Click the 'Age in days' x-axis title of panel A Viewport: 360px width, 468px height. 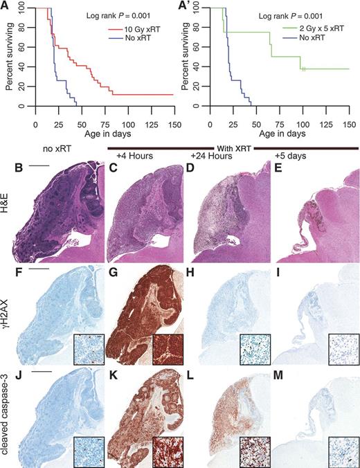(102, 125)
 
